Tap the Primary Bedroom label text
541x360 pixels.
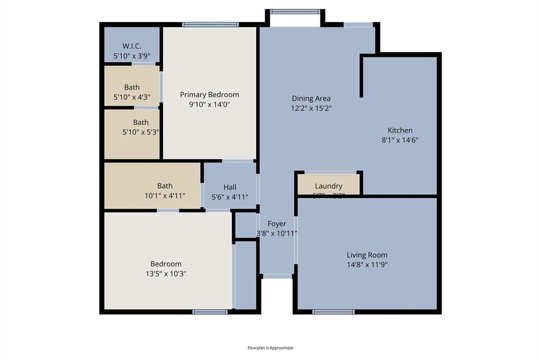coord(209,94)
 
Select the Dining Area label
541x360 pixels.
coord(311,98)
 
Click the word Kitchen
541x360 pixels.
coord(400,130)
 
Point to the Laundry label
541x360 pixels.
coord(329,186)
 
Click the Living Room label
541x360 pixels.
coord(367,255)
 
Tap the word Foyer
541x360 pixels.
coord(277,224)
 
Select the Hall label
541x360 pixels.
coord(230,187)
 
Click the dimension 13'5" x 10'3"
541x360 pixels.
coord(166,273)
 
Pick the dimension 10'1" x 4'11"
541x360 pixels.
coord(165,195)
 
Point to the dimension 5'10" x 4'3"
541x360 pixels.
coord(132,97)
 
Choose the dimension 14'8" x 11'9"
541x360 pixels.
coord(367,264)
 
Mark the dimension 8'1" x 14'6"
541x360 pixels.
coord(400,140)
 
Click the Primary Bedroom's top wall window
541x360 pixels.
coord(210,24)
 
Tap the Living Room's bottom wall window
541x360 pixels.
coord(333,312)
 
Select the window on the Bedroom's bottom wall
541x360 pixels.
coord(210,312)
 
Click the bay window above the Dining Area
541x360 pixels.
coord(295,11)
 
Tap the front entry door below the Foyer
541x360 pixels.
coord(277,276)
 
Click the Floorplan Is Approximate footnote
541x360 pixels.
coord(270,348)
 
